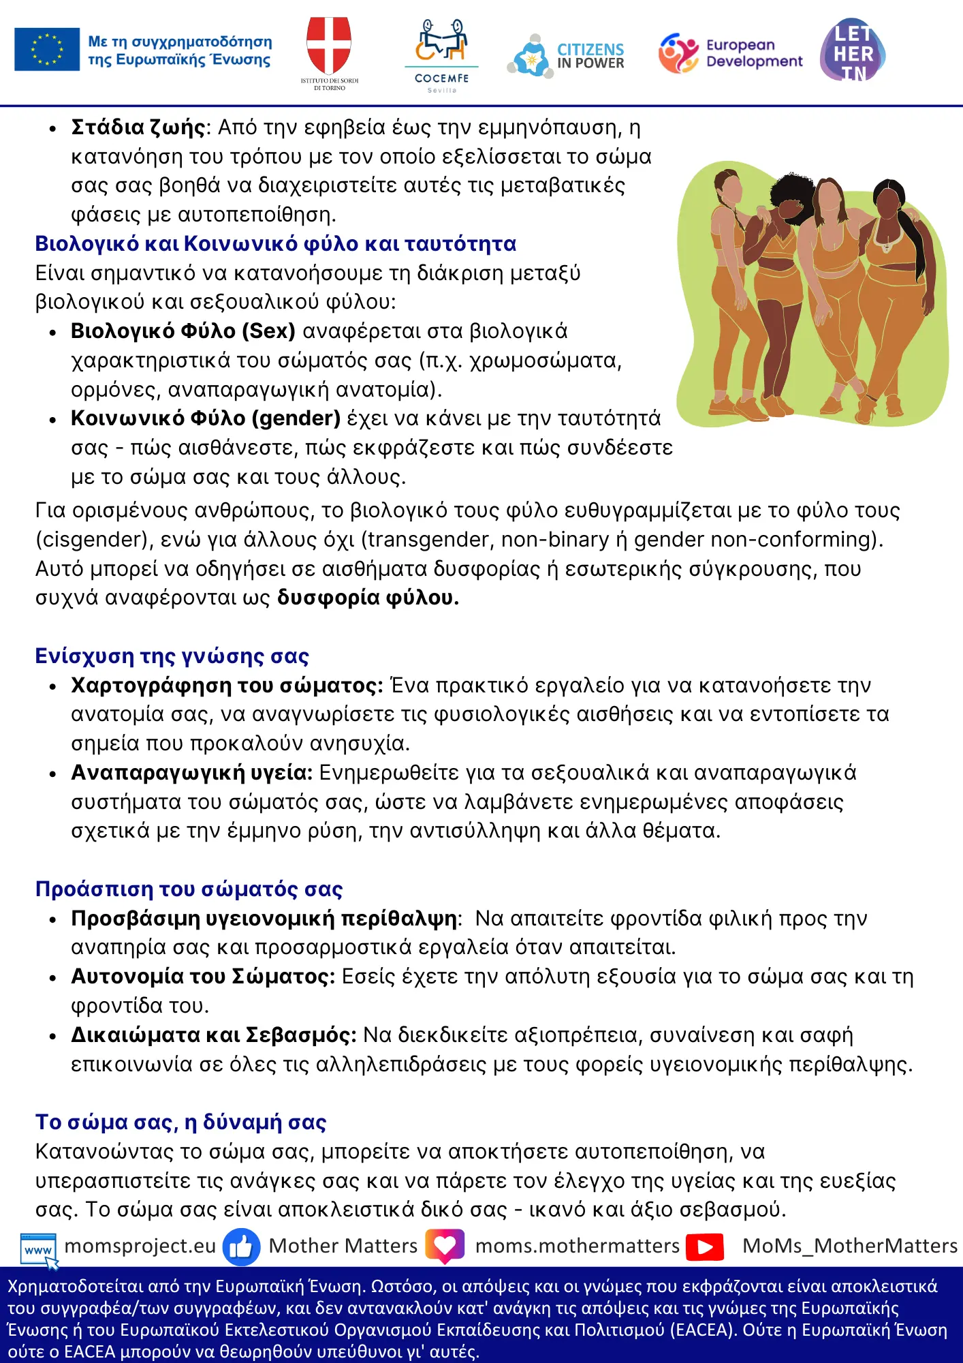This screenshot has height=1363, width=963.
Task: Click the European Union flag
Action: (47, 50)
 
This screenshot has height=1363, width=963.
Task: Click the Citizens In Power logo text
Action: (590, 56)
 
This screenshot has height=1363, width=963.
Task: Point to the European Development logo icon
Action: (678, 53)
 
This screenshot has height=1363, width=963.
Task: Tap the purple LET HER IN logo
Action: (853, 50)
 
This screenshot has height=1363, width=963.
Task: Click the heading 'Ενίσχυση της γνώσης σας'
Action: (172, 656)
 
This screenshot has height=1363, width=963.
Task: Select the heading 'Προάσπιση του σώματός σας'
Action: (189, 889)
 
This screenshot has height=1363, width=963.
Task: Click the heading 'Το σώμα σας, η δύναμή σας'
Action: (180, 1122)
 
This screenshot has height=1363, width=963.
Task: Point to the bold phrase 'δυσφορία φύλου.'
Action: (368, 598)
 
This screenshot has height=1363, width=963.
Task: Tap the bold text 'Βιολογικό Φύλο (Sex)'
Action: (183, 331)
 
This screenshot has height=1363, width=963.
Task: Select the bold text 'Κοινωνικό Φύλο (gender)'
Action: (205, 418)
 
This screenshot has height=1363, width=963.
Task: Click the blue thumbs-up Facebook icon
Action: (241, 1246)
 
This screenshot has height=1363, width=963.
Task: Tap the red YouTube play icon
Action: (705, 1246)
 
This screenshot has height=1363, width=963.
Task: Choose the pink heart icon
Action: (445, 1246)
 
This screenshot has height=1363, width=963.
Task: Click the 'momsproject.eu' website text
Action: (140, 1246)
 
